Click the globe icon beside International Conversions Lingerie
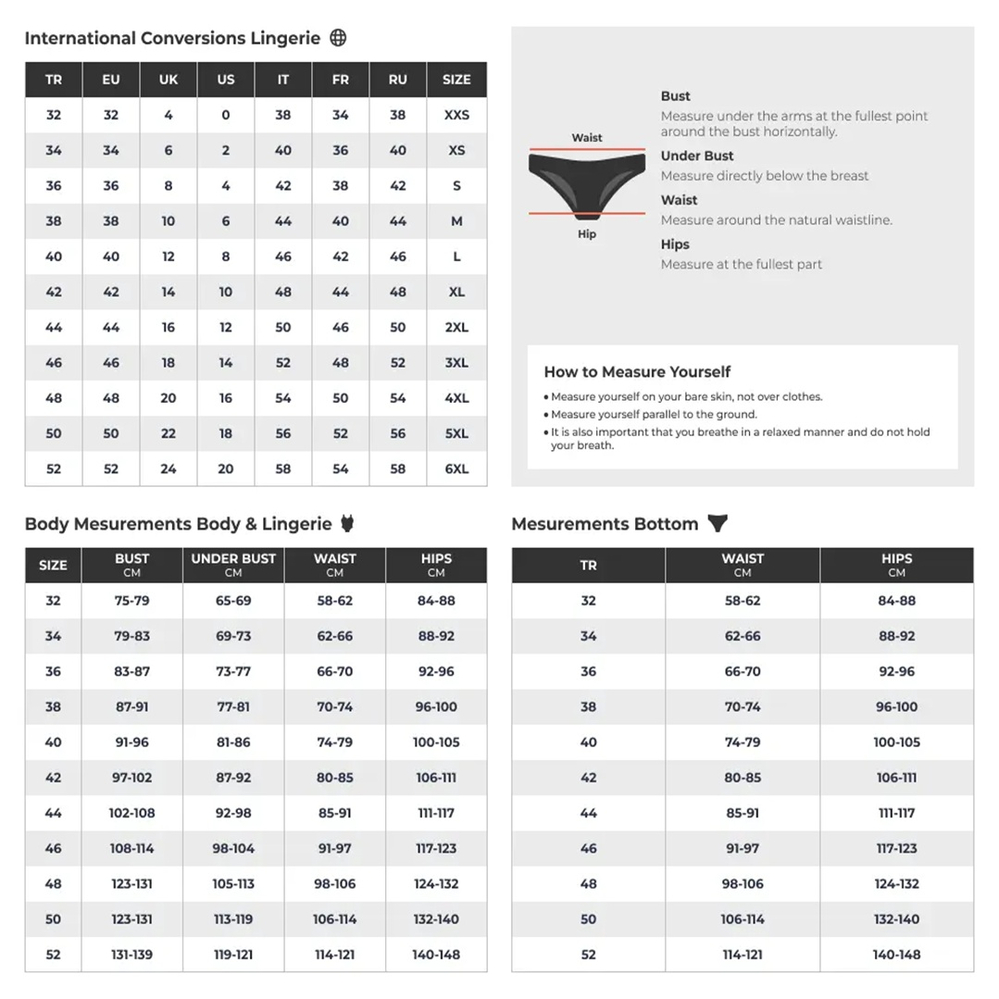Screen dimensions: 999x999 tap(338, 38)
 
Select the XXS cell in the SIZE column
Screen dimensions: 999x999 tap(456, 115)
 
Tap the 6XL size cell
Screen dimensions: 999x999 tap(456, 469)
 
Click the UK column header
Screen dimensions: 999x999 tap(168, 80)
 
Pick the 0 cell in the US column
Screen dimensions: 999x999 tap(226, 115)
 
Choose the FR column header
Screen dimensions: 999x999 tap(341, 80)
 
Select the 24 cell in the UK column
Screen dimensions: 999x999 tap(168, 469)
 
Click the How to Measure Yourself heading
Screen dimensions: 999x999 tap(637, 371)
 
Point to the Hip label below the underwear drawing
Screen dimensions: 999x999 tap(587, 235)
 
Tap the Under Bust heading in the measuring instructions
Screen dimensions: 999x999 tap(697, 156)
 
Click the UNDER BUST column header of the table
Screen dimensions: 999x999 tap(233, 565)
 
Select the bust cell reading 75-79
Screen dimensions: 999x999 tap(131, 601)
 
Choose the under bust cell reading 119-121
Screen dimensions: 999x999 tap(233, 955)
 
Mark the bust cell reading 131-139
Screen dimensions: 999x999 tap(131, 955)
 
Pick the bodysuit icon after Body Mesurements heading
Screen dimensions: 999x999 tap(348, 523)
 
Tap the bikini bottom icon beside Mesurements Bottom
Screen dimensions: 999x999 tap(717, 523)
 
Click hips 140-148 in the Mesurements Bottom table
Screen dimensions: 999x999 tap(896, 955)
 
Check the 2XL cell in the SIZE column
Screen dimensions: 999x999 tap(456, 327)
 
